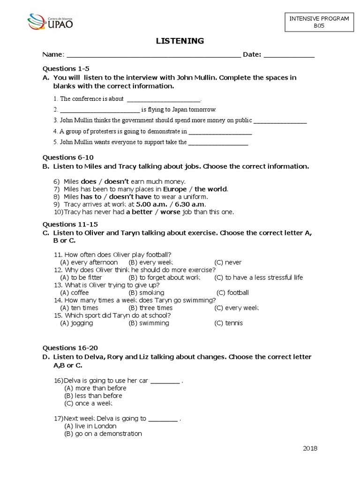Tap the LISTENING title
point(180,41)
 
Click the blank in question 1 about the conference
point(163,99)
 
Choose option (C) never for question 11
point(228,262)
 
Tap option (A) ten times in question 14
point(79,308)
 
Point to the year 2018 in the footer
point(310,448)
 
